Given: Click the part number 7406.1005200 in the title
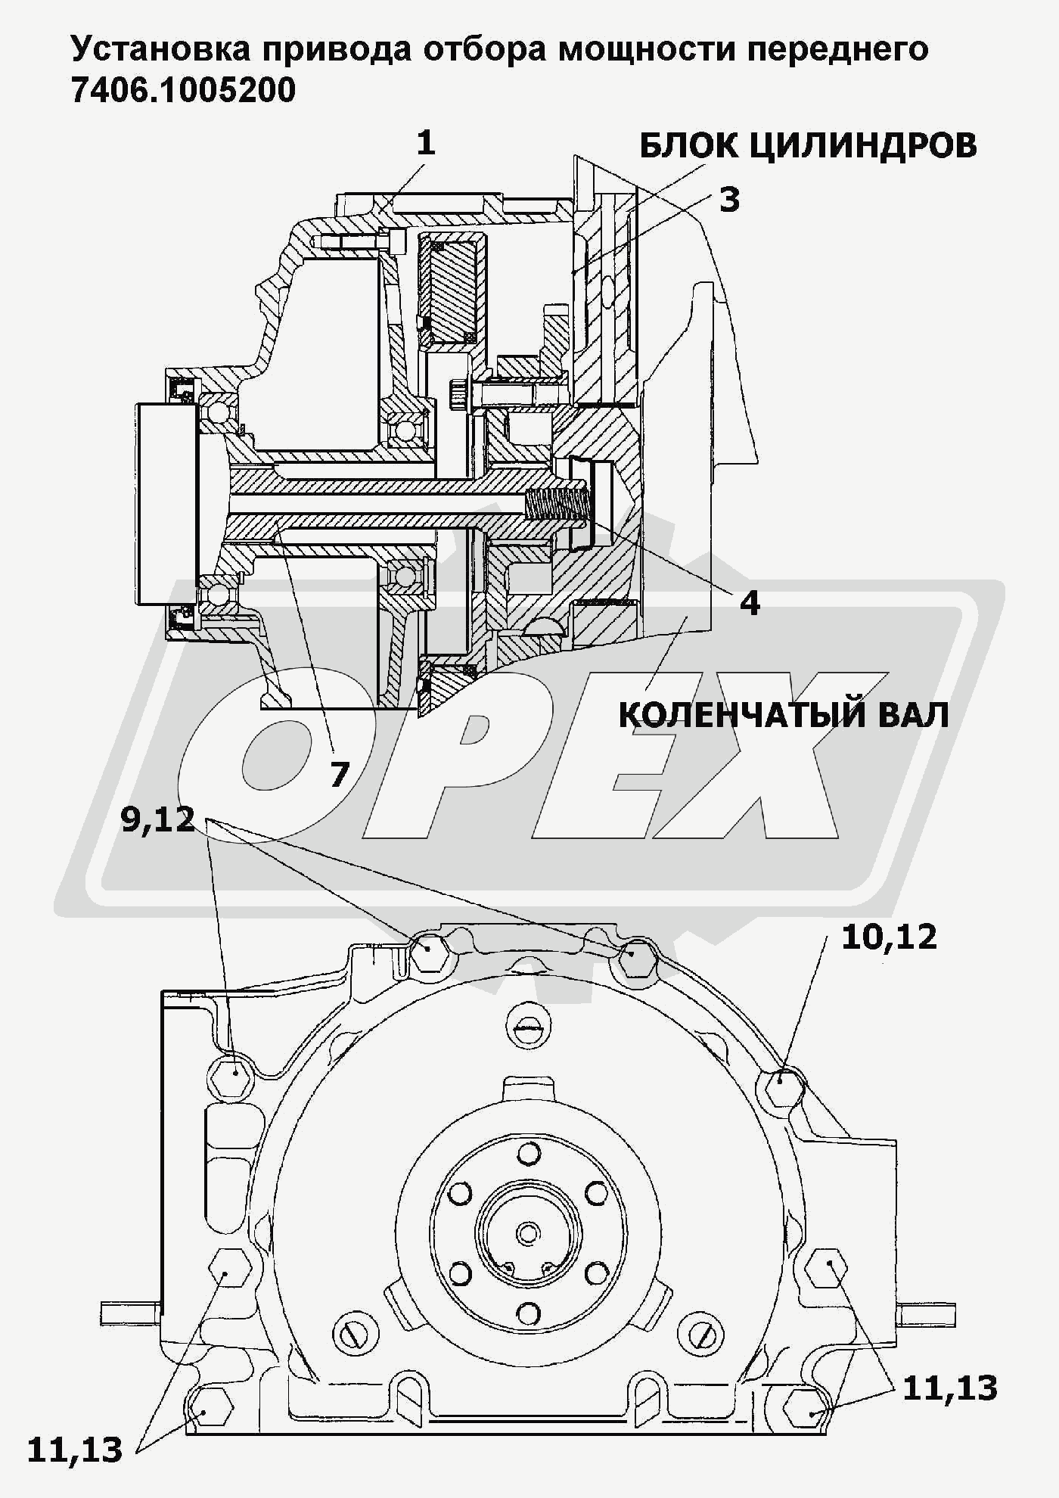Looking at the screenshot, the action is (182, 91).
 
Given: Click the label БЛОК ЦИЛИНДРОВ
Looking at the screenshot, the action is (808, 145).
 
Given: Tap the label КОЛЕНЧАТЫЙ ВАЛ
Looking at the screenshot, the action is (784, 714).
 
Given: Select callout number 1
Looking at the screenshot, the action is (426, 142).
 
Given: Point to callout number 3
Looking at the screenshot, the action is (729, 200).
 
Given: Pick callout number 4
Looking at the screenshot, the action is (749, 602).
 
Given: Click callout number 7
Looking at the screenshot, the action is (339, 774).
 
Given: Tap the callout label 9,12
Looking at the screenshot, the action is (158, 820).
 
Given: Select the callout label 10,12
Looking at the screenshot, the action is (889, 937).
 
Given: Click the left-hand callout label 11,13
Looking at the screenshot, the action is (75, 1450).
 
